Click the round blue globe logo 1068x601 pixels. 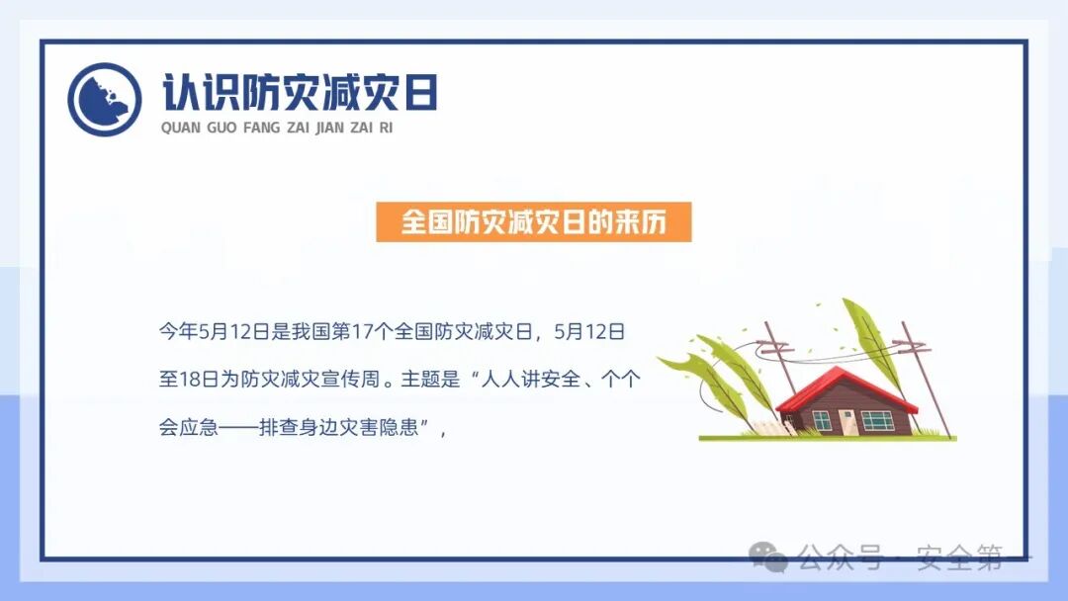104,99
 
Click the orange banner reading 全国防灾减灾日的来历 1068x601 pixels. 533,222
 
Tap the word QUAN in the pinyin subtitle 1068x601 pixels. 180,128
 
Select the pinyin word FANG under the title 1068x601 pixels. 261,128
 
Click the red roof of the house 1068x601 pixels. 845,388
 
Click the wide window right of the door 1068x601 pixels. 876,420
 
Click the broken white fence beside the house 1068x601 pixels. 768,427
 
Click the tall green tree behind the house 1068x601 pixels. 869,341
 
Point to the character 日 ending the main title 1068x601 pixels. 419,92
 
